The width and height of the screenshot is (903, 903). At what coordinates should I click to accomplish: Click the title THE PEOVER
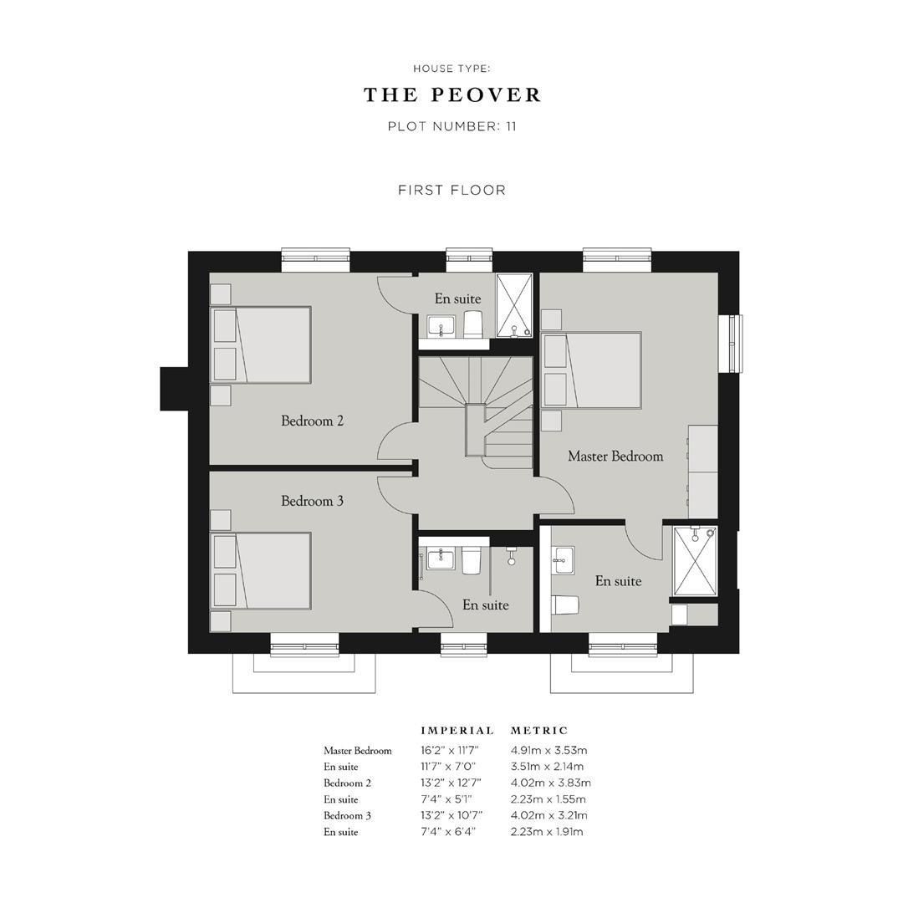(451, 95)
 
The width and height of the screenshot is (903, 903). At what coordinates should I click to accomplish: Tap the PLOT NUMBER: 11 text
(451, 127)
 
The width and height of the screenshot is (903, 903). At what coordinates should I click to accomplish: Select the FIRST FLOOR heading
(451, 190)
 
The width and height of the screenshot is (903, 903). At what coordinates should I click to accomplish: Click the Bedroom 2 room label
(312, 421)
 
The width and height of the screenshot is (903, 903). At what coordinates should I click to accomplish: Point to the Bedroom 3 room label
(312, 501)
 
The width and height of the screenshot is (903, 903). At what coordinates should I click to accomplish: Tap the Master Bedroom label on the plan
(615, 456)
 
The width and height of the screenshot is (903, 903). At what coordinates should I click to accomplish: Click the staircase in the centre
(476, 410)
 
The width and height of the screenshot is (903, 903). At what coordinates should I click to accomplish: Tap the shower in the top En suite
(515, 304)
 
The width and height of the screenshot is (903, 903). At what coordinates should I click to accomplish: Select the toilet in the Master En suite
(566, 605)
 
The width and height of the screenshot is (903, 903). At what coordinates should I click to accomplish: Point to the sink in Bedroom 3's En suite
(440, 559)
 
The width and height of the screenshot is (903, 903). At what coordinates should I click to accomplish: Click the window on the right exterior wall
(733, 343)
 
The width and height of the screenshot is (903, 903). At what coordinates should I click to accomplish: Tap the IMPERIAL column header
(457, 731)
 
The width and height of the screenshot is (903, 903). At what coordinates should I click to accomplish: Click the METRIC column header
(538, 731)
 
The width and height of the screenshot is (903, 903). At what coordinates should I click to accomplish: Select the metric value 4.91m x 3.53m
(548, 751)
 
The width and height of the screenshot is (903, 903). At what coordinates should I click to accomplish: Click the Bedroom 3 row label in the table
(348, 816)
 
